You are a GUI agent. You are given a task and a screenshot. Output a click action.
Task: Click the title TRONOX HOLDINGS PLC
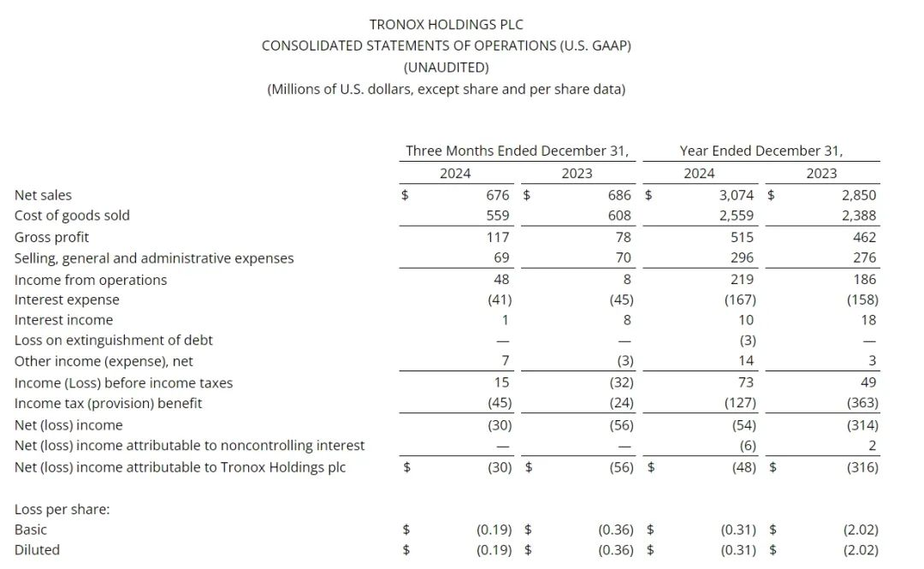pos(446,25)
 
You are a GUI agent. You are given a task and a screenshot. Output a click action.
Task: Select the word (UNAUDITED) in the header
pos(446,67)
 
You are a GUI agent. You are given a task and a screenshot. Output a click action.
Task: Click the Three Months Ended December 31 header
pos(517,151)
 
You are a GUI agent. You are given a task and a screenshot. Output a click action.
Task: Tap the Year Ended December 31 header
pos(761,151)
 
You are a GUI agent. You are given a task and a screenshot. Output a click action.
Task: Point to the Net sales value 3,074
pos(737,195)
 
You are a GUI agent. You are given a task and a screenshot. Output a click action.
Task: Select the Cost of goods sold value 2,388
pos(858,216)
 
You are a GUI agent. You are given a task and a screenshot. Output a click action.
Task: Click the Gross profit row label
pos(51,237)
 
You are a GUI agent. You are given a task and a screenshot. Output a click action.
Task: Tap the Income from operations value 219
pos(743,279)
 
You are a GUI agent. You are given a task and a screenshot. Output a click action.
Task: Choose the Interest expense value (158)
pos(860,299)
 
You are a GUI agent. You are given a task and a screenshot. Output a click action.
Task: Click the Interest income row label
pos(63,320)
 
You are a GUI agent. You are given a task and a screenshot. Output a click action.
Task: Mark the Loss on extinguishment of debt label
pos(114,341)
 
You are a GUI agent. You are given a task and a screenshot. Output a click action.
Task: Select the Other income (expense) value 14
pos(746,361)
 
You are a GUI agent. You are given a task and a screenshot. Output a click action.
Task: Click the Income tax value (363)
pos(860,403)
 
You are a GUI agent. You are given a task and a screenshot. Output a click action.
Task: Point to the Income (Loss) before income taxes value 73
pos(746,382)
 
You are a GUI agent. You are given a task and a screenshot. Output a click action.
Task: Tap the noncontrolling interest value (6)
pos(746,445)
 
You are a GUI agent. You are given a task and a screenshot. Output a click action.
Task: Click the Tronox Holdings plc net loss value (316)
pos(860,467)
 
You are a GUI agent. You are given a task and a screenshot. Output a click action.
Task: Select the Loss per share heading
pos(62,509)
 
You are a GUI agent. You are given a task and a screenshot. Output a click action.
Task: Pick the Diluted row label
pos(37,550)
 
